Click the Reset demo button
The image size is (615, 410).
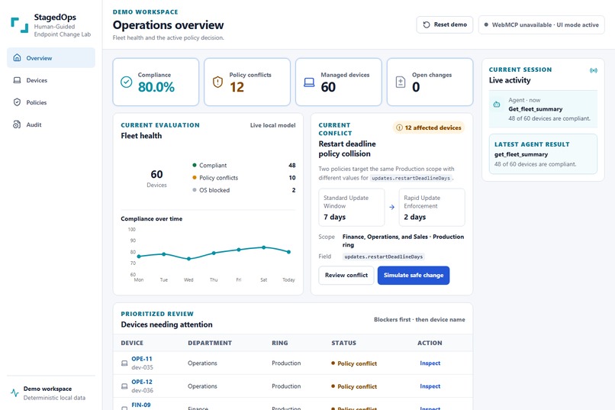click(x=444, y=24)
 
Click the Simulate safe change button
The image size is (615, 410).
click(x=414, y=276)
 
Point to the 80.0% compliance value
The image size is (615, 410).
click(x=156, y=87)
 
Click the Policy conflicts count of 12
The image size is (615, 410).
click(x=237, y=87)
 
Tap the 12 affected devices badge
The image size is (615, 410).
click(x=429, y=128)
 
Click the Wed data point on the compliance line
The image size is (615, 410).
click(x=188, y=259)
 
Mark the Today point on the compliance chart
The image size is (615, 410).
click(x=288, y=252)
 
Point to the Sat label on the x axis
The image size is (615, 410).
click(x=263, y=279)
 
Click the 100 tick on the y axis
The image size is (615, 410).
click(x=132, y=230)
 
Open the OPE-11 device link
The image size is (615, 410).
click(x=142, y=359)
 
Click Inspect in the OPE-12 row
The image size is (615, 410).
click(x=430, y=386)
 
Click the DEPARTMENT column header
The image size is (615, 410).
click(x=210, y=343)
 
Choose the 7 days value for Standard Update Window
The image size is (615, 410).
click(x=334, y=217)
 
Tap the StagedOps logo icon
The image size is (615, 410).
click(x=20, y=25)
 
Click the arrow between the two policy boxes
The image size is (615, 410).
click(x=392, y=207)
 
